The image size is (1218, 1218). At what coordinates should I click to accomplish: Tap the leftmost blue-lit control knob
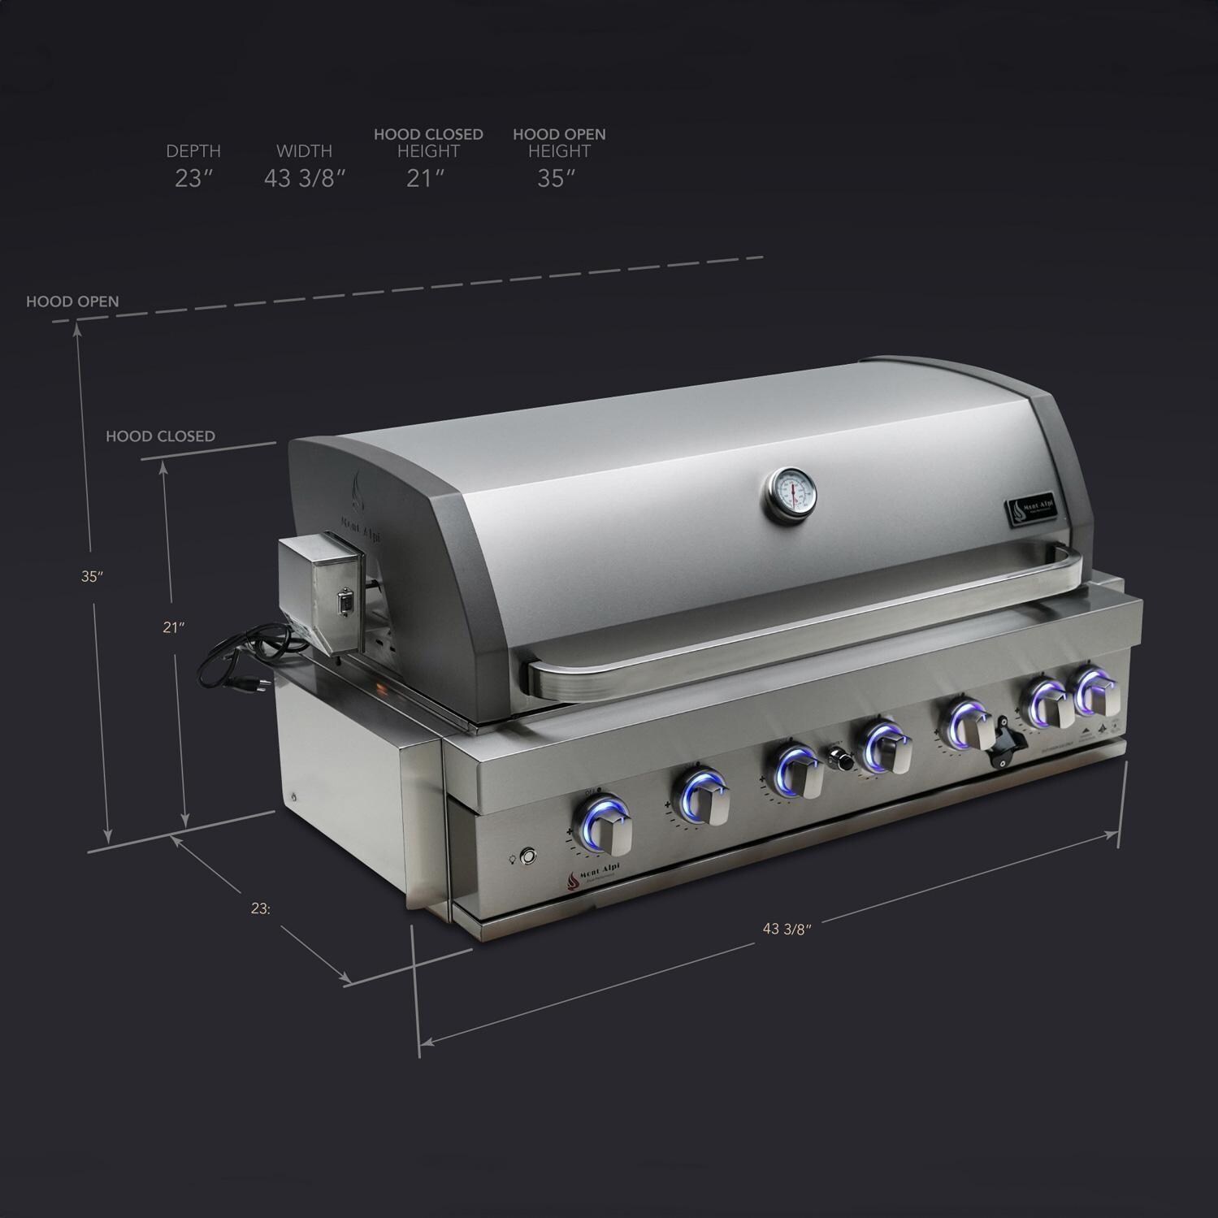click(x=605, y=826)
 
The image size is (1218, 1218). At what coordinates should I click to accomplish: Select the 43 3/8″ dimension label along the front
click(x=787, y=930)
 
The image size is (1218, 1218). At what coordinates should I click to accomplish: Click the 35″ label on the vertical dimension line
click(x=92, y=577)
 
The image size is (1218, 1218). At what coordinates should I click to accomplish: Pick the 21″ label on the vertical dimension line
click(x=173, y=627)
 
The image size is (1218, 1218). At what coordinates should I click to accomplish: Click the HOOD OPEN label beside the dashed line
click(x=72, y=301)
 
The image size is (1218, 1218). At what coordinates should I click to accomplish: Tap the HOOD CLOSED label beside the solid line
click(x=160, y=436)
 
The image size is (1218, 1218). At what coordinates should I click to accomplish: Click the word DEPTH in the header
click(x=193, y=151)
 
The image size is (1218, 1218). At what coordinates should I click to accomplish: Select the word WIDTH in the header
click(x=304, y=151)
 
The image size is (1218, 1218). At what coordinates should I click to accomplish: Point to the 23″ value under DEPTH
click(x=193, y=179)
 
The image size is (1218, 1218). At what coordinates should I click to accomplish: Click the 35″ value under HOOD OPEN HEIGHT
click(x=556, y=179)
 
